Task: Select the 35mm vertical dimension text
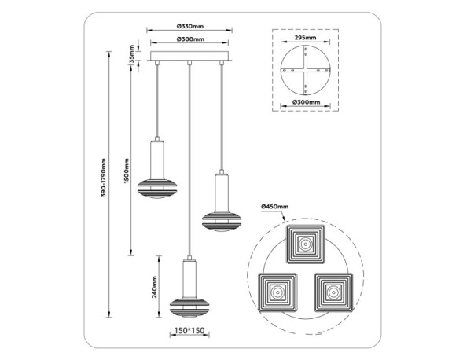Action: coord(131,56)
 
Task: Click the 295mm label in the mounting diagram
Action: coord(306,37)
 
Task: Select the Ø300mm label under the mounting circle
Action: coord(306,102)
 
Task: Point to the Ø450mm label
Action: coord(275,206)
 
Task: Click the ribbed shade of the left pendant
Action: coord(156,189)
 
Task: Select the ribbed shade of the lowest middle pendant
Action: coord(189,308)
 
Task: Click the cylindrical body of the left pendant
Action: coord(156,160)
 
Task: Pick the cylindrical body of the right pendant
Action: coord(222,188)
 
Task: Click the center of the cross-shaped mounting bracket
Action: coord(305,69)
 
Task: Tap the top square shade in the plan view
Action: coord(305,244)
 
